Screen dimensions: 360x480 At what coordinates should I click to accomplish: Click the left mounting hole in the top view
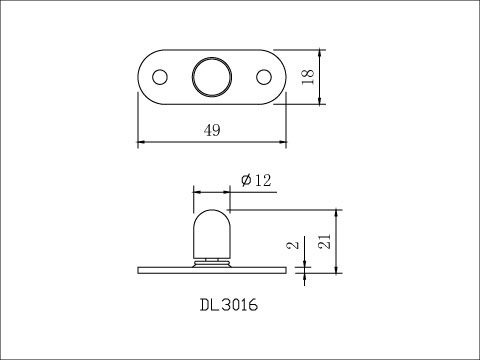158,76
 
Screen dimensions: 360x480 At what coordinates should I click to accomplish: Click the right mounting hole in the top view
264,76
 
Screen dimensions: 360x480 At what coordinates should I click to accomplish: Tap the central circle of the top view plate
211,76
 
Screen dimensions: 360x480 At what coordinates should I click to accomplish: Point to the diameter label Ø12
256,180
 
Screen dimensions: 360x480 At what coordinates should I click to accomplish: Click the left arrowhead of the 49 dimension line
141,142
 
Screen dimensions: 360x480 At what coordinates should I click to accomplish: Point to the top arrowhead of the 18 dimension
319,52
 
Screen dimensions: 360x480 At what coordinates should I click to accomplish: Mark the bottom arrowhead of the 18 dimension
319,101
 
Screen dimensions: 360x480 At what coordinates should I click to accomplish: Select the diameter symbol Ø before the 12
246,180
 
